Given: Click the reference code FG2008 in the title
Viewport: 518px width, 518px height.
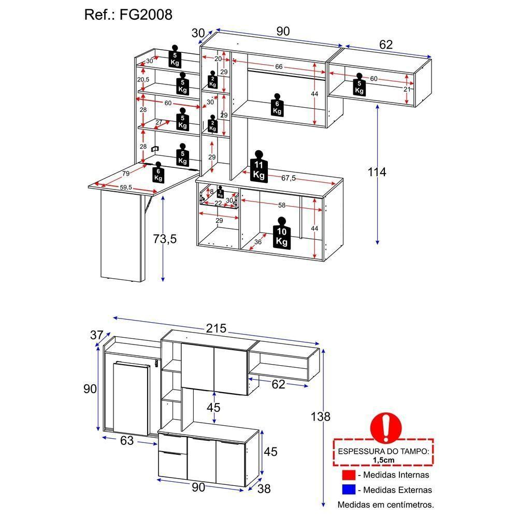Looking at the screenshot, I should [x=147, y=15].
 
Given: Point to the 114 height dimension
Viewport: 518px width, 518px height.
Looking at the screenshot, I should [x=377, y=172].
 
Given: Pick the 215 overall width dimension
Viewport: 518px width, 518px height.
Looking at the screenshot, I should [x=216, y=328].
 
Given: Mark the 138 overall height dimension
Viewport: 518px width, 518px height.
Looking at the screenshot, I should [x=321, y=416].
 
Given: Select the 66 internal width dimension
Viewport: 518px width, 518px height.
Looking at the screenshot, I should [x=278, y=67].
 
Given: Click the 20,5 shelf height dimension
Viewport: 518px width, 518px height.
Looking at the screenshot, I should [x=143, y=80].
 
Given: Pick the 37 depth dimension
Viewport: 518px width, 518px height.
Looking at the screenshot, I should [x=97, y=335].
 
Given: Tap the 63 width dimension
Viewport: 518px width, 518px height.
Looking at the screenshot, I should [x=126, y=441].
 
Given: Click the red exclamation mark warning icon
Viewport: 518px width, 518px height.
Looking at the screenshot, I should [x=385, y=428].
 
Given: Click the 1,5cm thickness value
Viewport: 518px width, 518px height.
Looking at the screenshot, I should [x=384, y=459].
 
